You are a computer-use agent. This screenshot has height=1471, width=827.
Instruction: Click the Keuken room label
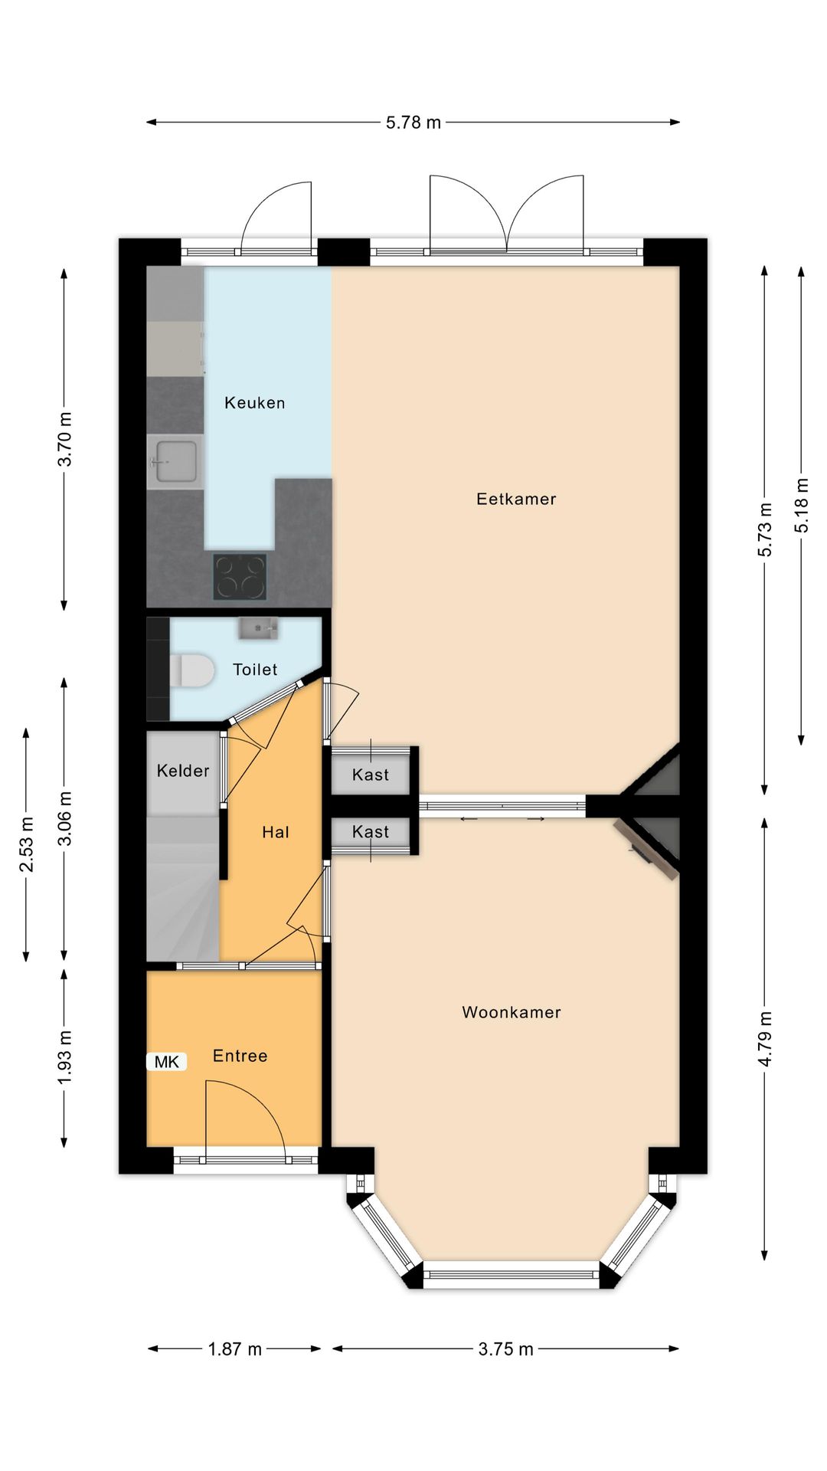tap(254, 403)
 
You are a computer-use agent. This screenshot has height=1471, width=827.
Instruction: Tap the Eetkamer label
tap(516, 500)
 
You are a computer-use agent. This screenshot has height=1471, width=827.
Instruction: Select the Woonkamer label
tap(512, 1013)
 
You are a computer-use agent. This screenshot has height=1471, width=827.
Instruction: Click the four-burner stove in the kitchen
tap(240, 576)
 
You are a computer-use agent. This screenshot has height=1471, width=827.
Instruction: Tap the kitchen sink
tap(176, 462)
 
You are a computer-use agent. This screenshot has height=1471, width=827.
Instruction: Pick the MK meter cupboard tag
tap(167, 1062)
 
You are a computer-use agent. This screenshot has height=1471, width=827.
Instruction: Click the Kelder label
tap(183, 771)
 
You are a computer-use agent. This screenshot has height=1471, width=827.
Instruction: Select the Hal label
tap(276, 833)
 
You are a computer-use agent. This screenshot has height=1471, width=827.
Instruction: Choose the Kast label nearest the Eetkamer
tap(371, 775)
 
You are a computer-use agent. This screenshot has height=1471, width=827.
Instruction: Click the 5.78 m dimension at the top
tap(413, 123)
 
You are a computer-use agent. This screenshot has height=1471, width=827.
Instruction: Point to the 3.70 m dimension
tap(66, 439)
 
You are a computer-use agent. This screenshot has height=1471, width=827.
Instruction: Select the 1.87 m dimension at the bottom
tap(234, 1349)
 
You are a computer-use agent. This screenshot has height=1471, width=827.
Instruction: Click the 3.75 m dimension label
tap(505, 1349)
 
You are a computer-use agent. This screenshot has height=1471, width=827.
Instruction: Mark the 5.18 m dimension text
tap(802, 506)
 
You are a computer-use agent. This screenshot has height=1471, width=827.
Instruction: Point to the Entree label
tap(240, 1057)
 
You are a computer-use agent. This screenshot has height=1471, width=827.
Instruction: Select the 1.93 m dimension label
tap(66, 1057)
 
